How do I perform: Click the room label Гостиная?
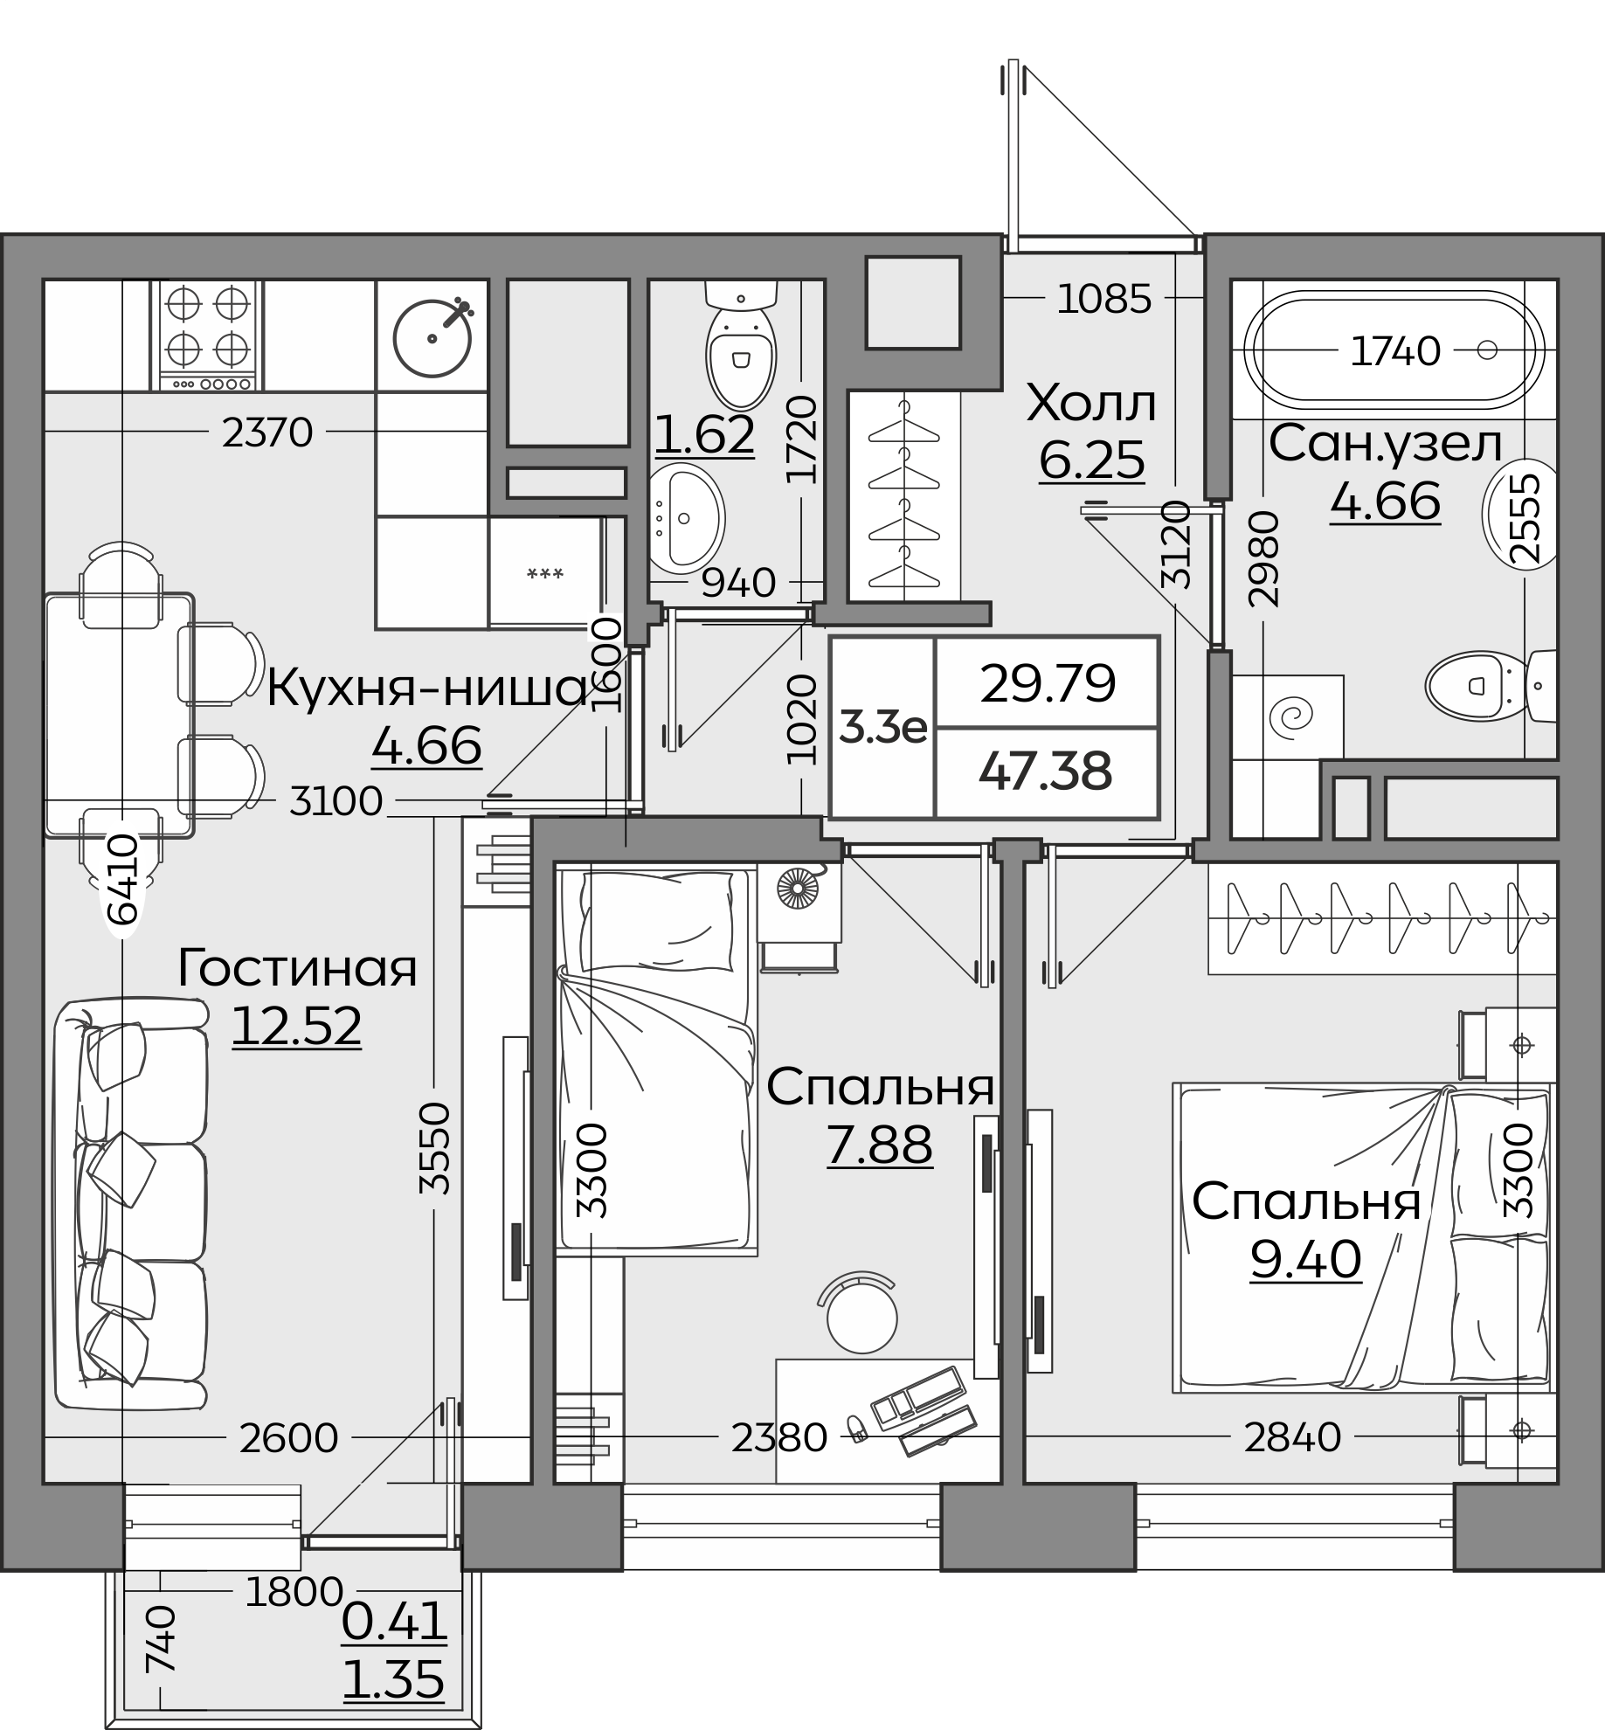[297, 969]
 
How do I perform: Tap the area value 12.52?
[296, 1026]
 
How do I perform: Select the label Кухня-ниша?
[427, 689]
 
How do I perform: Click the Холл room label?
[1091, 404]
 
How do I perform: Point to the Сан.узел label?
[1386, 445]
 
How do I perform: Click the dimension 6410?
[124, 879]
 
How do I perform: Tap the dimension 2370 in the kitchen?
[267, 432]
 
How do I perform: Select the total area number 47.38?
[1046, 772]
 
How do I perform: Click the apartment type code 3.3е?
[882, 726]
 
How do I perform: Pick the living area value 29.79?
[1048, 683]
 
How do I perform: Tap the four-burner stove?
[208, 335]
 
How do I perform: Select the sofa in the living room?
[131, 1206]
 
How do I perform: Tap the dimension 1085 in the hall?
[1104, 300]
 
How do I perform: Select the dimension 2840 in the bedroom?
[1292, 1437]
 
